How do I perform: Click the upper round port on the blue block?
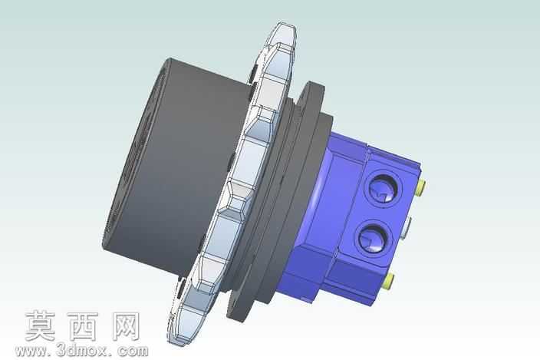385,189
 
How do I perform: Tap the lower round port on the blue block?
374,239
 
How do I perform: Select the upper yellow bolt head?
421,188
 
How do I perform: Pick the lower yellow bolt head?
388,281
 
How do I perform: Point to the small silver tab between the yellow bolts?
407,226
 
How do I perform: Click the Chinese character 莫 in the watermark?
40,326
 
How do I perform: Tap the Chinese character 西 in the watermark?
83,326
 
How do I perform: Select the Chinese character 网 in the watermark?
125,326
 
